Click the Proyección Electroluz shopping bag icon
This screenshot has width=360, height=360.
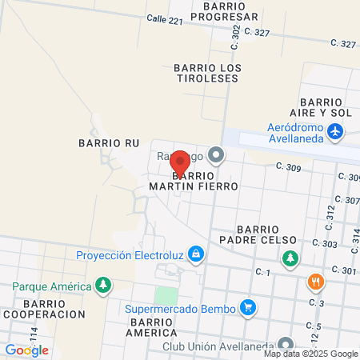197,256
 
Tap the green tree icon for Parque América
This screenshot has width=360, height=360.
102,285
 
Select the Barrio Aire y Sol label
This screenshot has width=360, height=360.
326,108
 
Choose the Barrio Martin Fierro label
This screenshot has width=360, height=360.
194,180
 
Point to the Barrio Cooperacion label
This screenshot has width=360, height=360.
43,309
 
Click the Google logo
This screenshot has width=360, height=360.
27,350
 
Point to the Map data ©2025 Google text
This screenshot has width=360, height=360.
311,354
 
